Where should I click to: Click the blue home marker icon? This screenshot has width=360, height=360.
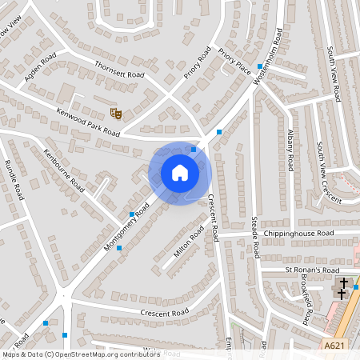179,172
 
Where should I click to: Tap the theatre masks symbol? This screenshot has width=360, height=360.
116,114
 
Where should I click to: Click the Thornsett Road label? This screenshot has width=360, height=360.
118,70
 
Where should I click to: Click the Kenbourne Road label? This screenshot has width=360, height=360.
64,167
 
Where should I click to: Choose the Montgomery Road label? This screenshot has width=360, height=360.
127,227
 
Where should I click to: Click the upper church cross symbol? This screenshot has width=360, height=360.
344,283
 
